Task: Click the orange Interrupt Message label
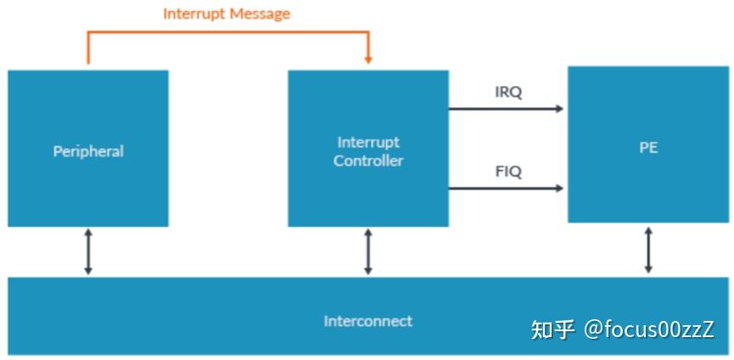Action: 227,14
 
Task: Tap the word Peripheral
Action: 88,151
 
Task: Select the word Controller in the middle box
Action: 368,161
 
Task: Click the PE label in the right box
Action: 648,148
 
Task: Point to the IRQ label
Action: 508,93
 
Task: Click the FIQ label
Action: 508,172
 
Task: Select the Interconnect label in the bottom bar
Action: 368,321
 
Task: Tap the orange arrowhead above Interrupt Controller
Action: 368,60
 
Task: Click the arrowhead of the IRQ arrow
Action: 559,109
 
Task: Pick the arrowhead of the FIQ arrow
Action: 559,188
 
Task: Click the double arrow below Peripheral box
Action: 88,252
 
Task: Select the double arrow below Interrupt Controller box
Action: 368,252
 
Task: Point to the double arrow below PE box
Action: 648,250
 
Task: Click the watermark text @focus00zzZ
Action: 649,329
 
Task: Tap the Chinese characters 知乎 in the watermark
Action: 553,329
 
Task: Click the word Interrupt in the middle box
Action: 368,143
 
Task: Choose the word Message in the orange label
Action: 259,13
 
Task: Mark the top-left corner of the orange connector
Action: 88,31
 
